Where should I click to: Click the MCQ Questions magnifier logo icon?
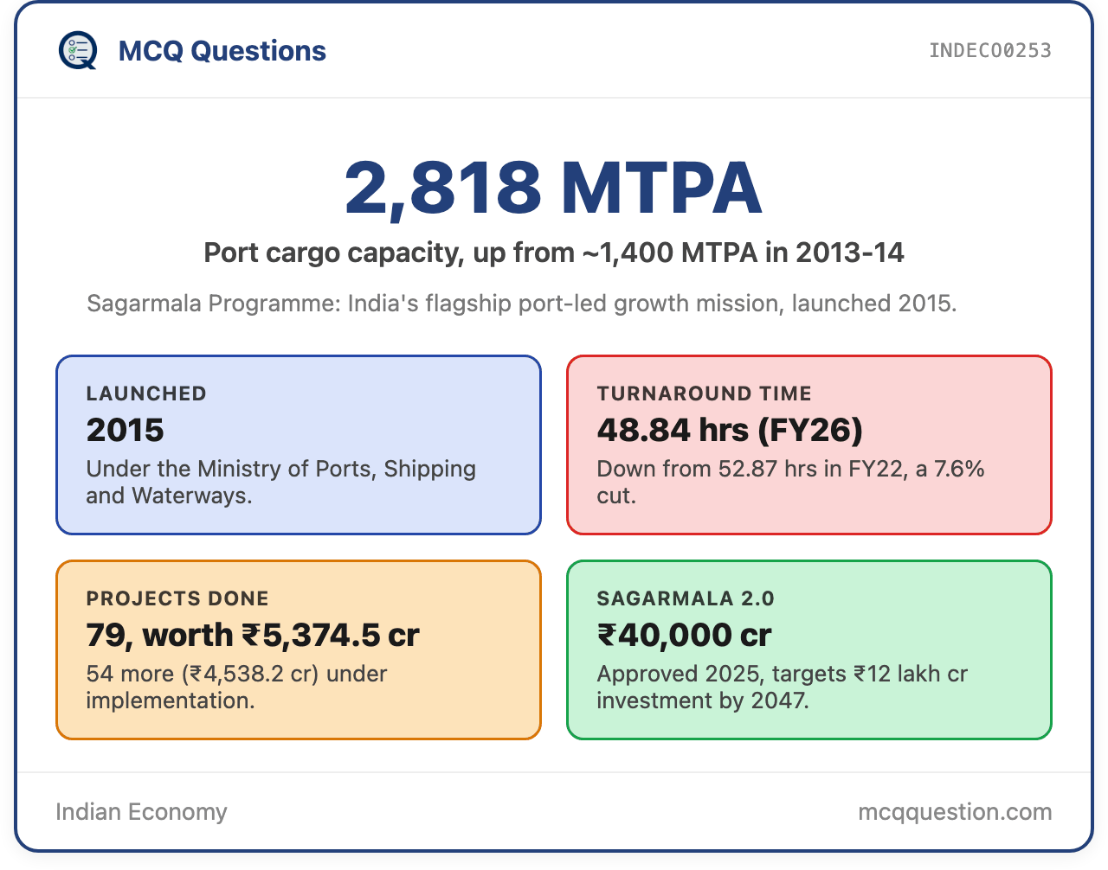78,50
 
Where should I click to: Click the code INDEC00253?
989,51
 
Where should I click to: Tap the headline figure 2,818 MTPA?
554,188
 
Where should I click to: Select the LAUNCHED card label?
146,393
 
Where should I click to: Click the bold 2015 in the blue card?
125,430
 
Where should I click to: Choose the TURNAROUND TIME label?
704,393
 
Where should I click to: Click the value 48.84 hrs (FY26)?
730,431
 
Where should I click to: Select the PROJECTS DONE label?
177,598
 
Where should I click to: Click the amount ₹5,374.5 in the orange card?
311,636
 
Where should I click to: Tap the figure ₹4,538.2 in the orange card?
236,675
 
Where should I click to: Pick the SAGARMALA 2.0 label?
686,598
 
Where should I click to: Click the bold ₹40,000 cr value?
685,636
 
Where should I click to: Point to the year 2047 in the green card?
779,700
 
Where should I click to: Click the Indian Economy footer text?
141,812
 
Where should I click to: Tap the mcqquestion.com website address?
955,813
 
